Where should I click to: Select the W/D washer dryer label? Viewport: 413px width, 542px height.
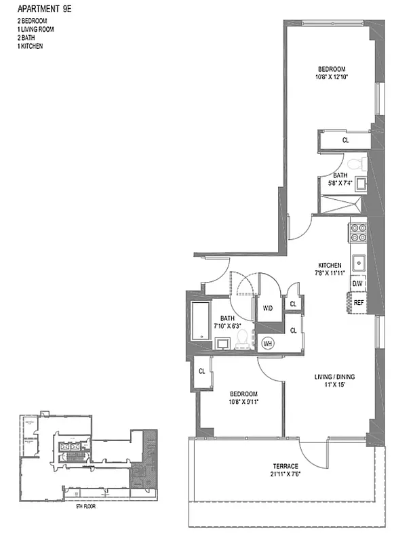click(268, 308)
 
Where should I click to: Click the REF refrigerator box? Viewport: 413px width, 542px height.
click(358, 303)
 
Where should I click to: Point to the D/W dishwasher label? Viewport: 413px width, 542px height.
click(357, 283)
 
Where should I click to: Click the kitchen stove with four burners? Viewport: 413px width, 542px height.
click(357, 233)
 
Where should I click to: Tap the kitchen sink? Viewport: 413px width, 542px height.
click(358, 262)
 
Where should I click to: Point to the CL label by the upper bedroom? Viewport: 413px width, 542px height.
click(345, 140)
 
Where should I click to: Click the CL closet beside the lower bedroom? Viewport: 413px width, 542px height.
click(202, 371)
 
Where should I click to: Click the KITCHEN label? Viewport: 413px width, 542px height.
click(334, 265)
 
